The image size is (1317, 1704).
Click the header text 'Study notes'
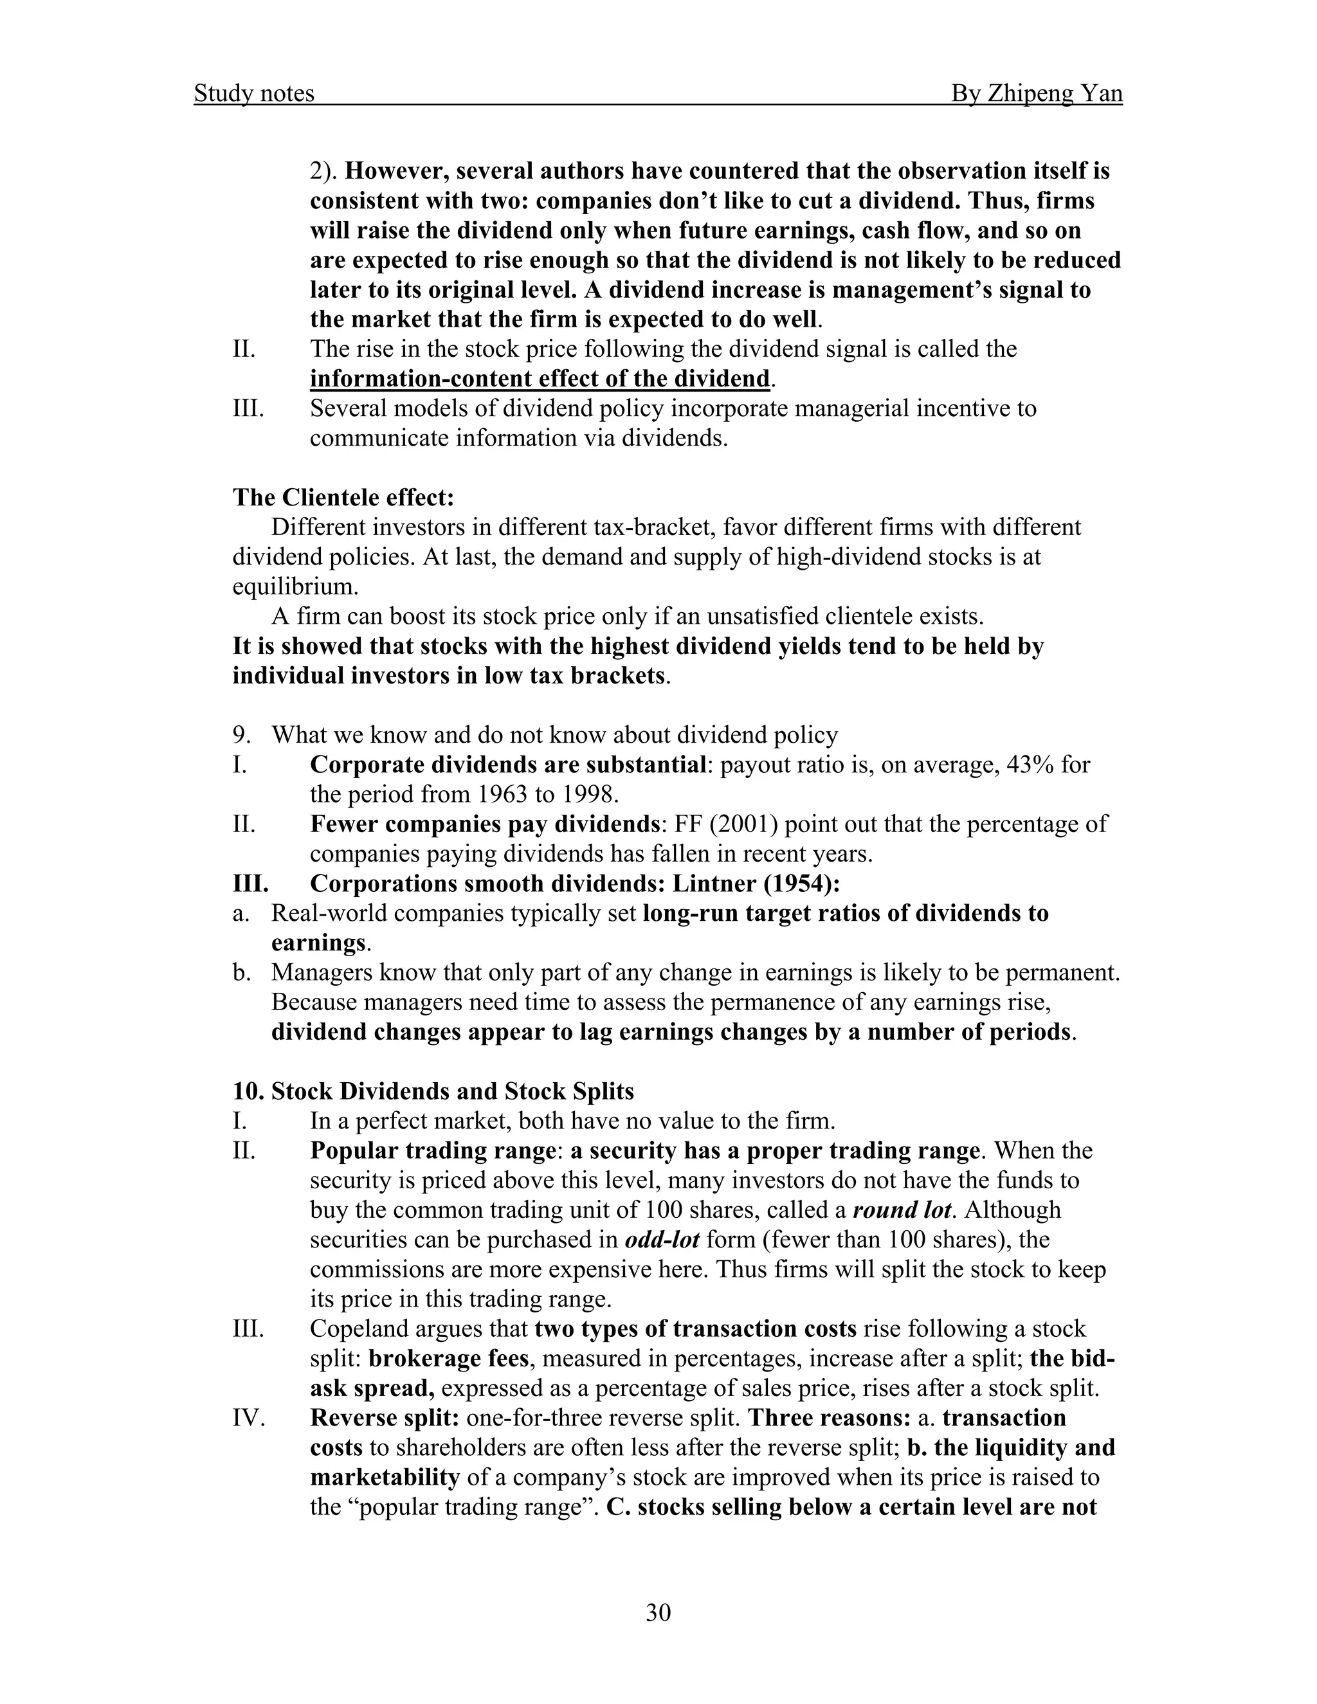click(253, 94)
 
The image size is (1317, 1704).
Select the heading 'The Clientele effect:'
click(343, 497)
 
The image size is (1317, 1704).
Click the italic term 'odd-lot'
click(662, 1240)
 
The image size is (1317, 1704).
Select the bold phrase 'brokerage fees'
click(448, 1358)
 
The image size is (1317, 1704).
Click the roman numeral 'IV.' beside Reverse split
click(248, 1418)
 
